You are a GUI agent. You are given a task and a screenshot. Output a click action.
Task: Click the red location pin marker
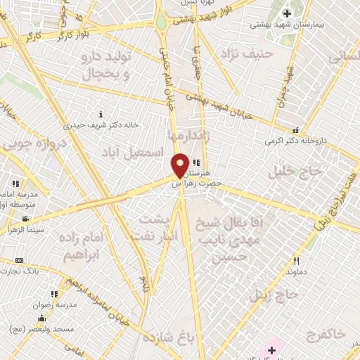180,166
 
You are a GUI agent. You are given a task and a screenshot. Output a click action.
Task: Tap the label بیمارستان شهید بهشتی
287,25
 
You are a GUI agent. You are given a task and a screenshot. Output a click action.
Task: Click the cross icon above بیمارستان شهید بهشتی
287,13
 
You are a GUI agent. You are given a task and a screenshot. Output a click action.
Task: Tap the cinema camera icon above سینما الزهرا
26,219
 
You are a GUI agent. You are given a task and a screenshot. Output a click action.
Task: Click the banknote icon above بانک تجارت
19,261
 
